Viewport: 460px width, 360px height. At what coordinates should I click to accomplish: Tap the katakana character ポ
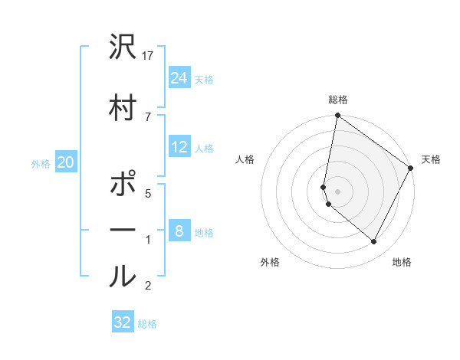click(x=123, y=187)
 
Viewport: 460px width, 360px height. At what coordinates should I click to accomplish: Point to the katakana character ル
click(x=123, y=275)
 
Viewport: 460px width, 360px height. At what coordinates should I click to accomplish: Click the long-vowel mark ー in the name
click(x=123, y=230)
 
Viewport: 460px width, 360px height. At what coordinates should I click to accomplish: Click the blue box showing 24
click(x=179, y=78)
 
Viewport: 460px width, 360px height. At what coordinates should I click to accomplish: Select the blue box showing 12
click(x=179, y=147)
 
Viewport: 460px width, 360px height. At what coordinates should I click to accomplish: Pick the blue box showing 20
click(x=66, y=162)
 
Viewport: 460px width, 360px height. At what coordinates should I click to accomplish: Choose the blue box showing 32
click(x=123, y=322)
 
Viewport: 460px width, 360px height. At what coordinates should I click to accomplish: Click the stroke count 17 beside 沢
click(x=148, y=56)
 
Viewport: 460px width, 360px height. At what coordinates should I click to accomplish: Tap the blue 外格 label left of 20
click(x=41, y=163)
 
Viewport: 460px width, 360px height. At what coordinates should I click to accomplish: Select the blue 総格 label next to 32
click(x=147, y=324)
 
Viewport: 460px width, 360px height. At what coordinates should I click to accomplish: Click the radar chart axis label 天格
click(x=431, y=159)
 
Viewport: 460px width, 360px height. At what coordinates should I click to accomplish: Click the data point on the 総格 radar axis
click(x=337, y=116)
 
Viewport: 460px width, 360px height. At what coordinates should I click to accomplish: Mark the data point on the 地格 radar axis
click(x=374, y=242)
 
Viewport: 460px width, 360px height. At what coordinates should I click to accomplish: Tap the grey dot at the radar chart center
click(x=337, y=191)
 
